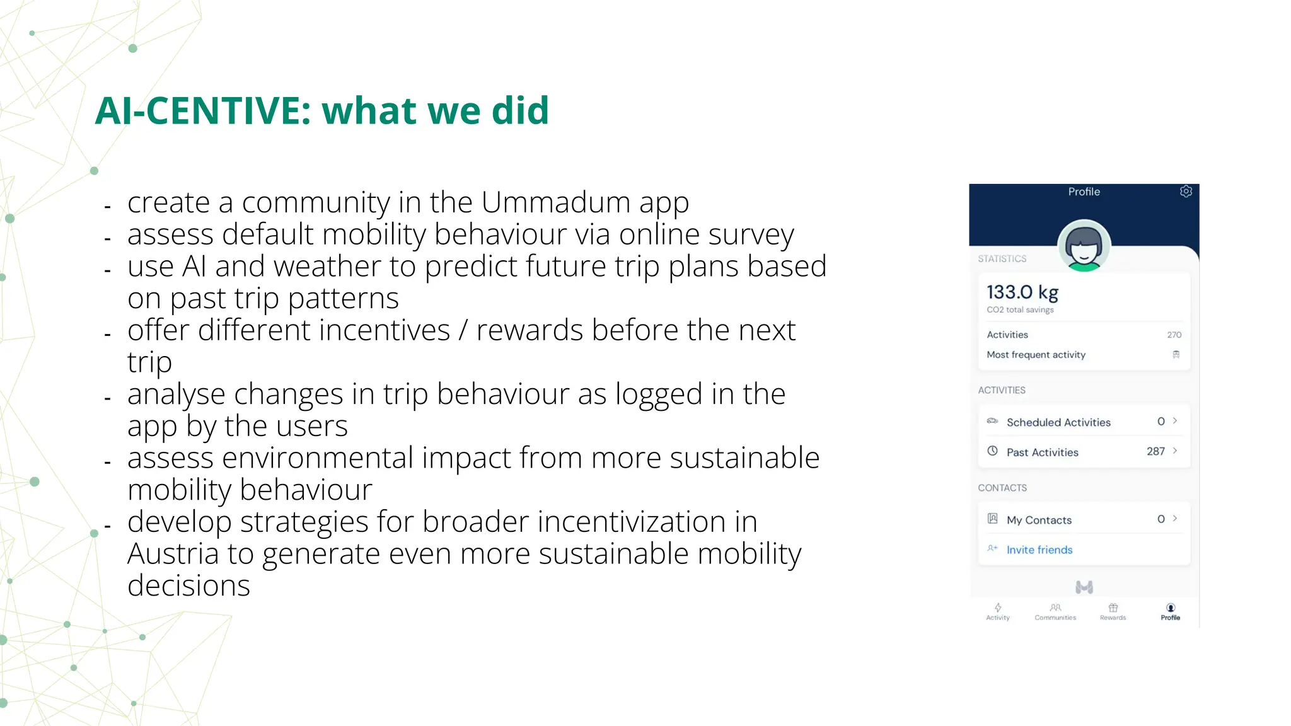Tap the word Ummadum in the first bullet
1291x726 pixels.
tap(555, 203)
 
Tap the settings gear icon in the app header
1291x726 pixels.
tap(1186, 192)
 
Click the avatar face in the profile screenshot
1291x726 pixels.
tap(1084, 246)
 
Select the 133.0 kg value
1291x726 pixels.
tap(1022, 292)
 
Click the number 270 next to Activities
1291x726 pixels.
tap(1174, 335)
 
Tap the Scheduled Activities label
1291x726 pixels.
tap(1058, 422)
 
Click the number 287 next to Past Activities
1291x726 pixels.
tap(1155, 451)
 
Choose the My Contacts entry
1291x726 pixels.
tap(1039, 520)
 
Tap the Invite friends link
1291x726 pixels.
tap(1039, 550)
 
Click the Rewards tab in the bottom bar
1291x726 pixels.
tap(1113, 611)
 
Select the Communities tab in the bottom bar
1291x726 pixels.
tap(1055, 611)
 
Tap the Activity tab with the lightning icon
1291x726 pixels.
tap(998, 611)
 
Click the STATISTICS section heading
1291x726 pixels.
tap(1002, 259)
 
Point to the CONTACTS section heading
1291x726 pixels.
tap(1002, 488)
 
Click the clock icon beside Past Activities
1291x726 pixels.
tap(992, 451)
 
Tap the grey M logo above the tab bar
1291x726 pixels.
tap(1084, 587)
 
